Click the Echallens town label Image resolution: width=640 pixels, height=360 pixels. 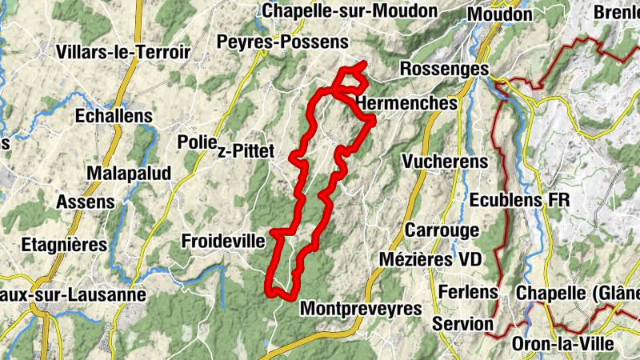113,116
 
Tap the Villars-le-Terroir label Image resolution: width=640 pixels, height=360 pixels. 123,52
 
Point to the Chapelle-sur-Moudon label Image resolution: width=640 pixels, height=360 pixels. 350,11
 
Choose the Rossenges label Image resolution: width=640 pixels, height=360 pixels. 443,70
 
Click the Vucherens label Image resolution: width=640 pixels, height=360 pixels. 446,162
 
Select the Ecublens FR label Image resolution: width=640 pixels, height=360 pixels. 519,199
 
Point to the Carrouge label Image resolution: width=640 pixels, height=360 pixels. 442,230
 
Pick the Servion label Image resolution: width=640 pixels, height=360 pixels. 462,324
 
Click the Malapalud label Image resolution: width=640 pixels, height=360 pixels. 122,174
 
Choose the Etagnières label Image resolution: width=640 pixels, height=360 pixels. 64,245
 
